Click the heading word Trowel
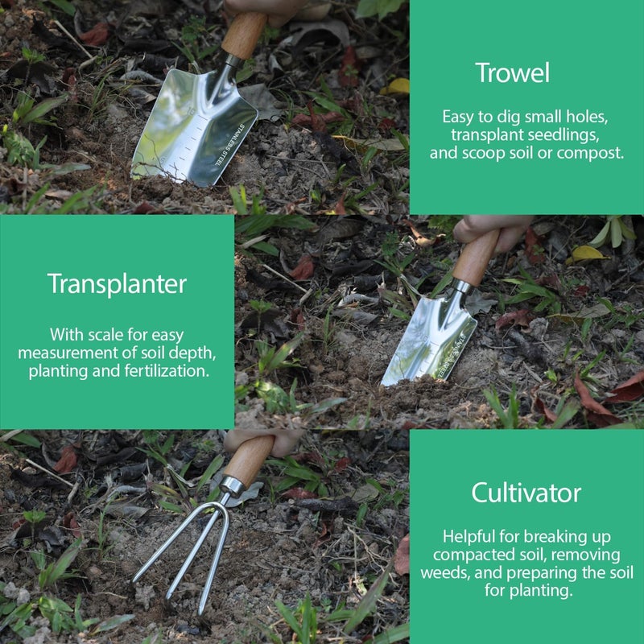[x=512, y=73]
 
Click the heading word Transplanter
[x=117, y=283]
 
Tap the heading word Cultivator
[x=526, y=492]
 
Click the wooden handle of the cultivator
[x=247, y=460]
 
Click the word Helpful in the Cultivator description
[x=470, y=536]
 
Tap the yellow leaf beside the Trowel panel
[x=397, y=85]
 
